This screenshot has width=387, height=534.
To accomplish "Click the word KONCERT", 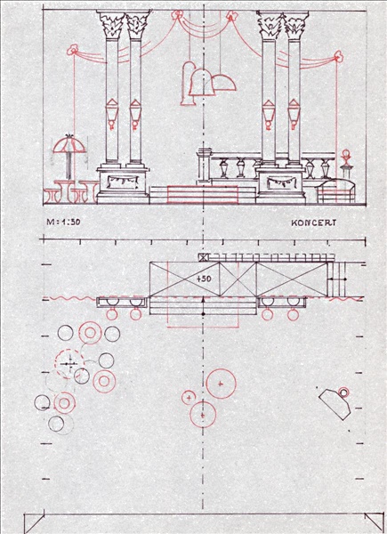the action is (313, 223).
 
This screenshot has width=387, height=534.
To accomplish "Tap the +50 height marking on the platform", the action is (204, 279).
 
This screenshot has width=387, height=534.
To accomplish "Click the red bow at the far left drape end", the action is (72, 50).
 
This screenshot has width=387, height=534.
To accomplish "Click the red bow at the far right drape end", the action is (338, 56).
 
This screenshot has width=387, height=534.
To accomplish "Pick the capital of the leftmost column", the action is (110, 25).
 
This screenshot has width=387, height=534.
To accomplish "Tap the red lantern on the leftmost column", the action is (111, 114).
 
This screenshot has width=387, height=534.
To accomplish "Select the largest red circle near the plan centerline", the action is (222, 384).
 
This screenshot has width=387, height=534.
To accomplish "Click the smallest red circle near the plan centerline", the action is (188, 398).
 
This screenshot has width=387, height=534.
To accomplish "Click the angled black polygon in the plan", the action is (335, 404).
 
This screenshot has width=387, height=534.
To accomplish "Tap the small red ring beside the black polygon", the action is (343, 392).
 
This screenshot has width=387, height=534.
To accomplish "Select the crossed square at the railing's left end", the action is (203, 257).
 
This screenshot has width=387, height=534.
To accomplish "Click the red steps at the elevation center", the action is (203, 195).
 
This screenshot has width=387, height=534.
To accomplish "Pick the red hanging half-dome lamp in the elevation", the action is (224, 83).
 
